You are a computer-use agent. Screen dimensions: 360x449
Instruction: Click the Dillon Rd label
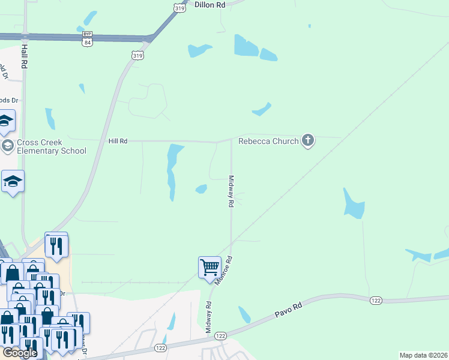click(209, 4)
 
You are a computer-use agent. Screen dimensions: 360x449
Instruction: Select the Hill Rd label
click(118, 141)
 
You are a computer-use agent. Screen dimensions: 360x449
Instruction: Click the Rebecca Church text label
click(268, 142)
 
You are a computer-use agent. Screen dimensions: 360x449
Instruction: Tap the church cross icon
click(308, 141)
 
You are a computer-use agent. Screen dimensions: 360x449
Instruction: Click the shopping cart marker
click(209, 267)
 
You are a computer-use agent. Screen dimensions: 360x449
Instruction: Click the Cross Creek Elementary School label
click(52, 146)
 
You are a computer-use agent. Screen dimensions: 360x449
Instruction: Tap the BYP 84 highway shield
click(88, 38)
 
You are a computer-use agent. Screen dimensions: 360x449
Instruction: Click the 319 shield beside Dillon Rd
click(179, 7)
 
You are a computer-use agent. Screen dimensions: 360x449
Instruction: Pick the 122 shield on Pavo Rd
click(376, 299)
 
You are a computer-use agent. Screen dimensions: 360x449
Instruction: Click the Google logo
click(19, 353)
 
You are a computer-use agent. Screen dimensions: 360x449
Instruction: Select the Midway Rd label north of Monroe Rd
click(230, 191)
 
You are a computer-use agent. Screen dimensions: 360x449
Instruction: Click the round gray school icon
click(7, 146)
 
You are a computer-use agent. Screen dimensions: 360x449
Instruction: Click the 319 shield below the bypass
click(137, 55)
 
